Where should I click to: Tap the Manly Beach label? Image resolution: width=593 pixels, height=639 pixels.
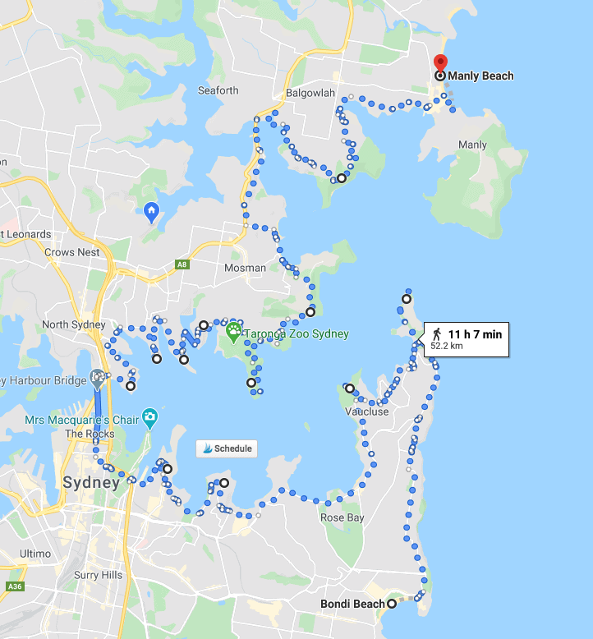[x=480, y=76]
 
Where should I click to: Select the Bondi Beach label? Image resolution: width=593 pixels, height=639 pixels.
[x=352, y=605]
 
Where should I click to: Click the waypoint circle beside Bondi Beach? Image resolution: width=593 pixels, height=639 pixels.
[x=392, y=605]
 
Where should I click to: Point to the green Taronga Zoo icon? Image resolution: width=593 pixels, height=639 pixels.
[x=234, y=333]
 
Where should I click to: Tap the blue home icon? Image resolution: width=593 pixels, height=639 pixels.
[x=151, y=213]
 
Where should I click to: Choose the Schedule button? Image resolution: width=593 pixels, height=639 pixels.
[x=226, y=448]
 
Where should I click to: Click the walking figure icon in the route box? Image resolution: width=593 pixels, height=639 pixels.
[x=437, y=333]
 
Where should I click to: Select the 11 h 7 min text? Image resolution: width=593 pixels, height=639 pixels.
[x=475, y=333]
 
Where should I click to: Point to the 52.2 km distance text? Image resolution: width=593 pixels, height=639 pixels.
[x=447, y=347]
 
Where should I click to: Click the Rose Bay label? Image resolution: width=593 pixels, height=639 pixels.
[x=342, y=517]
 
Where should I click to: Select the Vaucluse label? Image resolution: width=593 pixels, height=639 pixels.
[x=366, y=411]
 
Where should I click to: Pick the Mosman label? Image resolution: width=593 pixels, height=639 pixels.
[x=246, y=268]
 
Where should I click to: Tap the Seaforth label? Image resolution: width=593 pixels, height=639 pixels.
[x=218, y=90]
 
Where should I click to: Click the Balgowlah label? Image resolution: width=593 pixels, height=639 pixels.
[x=310, y=93]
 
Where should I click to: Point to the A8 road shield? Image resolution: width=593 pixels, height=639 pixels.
[x=182, y=264]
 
